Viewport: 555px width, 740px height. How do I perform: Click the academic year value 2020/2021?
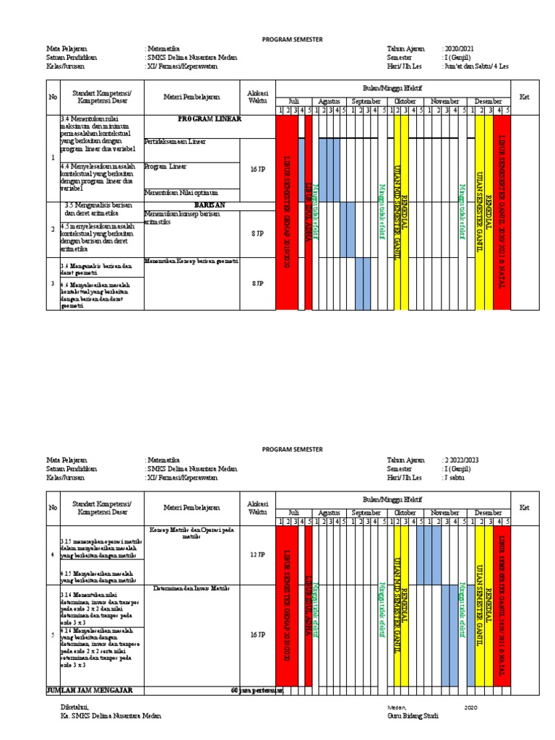460,48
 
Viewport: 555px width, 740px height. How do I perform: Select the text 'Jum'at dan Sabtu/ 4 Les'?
476,66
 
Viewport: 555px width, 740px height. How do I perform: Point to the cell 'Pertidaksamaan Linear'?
176,142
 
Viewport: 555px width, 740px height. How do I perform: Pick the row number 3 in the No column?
51,284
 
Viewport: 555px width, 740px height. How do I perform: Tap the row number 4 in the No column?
51,554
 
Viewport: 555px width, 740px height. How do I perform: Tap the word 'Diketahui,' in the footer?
77,707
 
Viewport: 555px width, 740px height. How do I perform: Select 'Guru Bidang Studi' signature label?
413,716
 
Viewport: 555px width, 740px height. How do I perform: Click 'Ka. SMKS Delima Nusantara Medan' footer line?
111,716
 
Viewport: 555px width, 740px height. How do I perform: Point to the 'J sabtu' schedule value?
455,477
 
